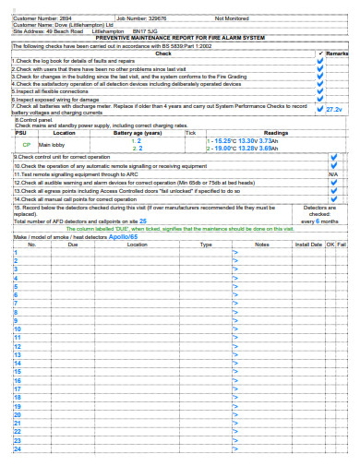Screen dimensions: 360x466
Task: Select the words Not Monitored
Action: [x=232, y=18]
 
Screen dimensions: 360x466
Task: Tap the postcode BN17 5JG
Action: [x=170, y=30]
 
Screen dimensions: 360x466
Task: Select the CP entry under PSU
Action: [x=26, y=145]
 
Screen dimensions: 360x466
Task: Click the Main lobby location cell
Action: [x=52, y=145]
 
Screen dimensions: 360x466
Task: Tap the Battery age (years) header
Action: [x=138, y=133]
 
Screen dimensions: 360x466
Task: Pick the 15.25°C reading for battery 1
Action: [x=222, y=140]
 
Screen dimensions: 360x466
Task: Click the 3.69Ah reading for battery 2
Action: [x=266, y=148]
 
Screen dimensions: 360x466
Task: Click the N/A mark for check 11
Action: [x=333, y=173]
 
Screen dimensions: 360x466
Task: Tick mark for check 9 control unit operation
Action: [x=333, y=157]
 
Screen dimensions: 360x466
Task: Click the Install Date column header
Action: [x=307, y=245]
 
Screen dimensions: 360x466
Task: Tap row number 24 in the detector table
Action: [x=17, y=449]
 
